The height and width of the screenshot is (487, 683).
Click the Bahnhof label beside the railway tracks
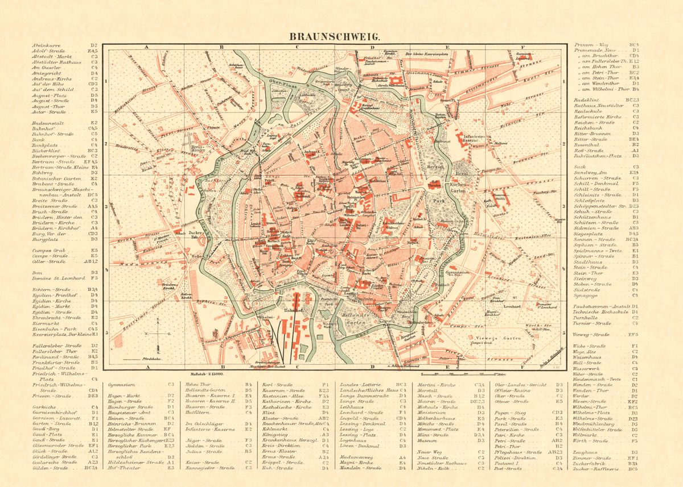(291, 310)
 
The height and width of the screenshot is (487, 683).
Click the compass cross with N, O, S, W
(159, 333)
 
